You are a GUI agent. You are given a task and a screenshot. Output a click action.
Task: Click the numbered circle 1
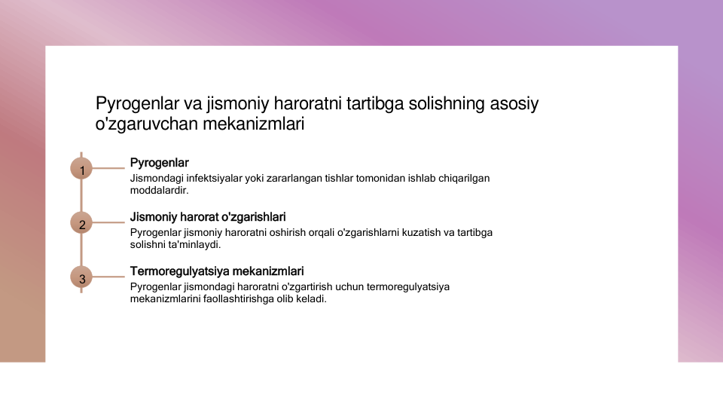tap(81, 168)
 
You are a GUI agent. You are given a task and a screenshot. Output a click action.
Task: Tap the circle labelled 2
tap(81, 223)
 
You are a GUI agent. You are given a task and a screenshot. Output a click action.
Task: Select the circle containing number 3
tap(81, 277)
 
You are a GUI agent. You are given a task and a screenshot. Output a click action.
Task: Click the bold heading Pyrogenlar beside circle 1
tap(159, 163)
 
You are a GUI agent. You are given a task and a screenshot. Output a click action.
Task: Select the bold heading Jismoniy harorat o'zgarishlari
tap(208, 217)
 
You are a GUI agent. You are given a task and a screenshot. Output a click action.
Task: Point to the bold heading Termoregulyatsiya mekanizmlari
tap(217, 271)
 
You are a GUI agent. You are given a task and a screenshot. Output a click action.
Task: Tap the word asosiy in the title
tap(514, 104)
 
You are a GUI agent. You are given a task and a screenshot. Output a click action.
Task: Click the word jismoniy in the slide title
tap(237, 104)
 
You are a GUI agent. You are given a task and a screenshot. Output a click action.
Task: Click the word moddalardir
tap(159, 190)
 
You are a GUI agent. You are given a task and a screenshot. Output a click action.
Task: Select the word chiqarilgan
tap(464, 178)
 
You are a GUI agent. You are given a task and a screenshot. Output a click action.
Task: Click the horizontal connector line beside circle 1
tap(108, 168)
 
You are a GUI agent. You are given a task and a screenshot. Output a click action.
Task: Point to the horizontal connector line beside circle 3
tap(108, 277)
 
